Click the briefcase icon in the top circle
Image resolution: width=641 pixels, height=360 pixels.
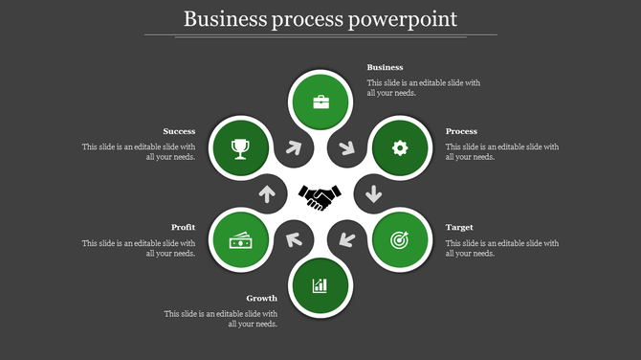320,101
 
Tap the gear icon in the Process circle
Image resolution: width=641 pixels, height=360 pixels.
400,147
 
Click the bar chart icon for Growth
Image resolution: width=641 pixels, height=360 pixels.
320,285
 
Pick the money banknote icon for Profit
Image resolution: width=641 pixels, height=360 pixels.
240,241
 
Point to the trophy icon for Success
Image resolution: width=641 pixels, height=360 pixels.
240,147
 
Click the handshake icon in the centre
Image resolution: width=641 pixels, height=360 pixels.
320,196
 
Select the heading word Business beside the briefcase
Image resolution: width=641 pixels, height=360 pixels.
386,68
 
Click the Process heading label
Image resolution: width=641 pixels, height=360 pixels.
462,131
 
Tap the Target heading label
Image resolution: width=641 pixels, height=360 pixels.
459,228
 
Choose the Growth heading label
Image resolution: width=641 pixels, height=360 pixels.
261,298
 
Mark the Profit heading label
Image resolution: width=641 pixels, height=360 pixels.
184,228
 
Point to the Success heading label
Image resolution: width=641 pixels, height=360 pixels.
179,131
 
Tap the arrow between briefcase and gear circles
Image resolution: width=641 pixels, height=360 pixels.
344,149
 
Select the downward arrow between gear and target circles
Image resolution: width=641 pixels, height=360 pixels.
373,194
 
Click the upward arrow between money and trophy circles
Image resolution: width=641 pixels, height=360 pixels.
267,194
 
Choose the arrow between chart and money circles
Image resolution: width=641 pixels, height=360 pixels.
295,239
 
